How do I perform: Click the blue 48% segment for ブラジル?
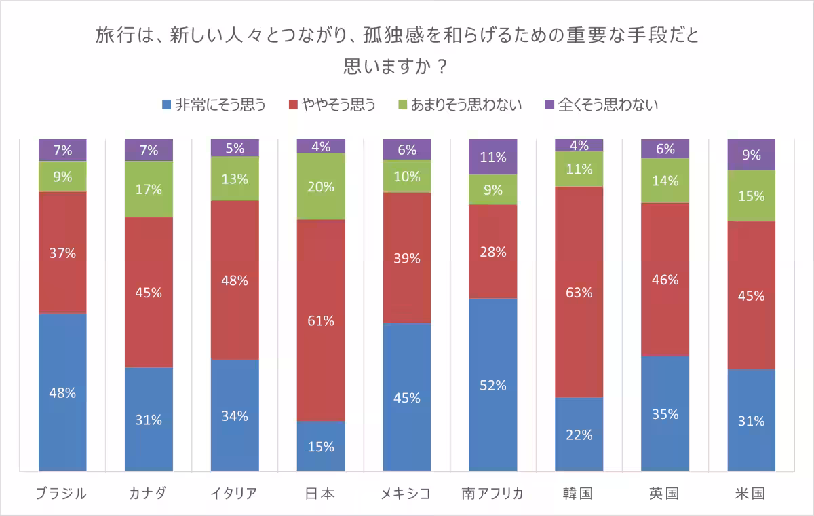(x=62, y=392)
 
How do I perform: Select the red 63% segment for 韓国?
(x=579, y=292)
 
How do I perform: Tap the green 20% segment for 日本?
(x=321, y=187)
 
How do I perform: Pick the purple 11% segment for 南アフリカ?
(x=493, y=157)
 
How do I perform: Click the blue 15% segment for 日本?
(x=321, y=446)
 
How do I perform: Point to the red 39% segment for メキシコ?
(x=407, y=258)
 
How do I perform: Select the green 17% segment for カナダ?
(x=149, y=189)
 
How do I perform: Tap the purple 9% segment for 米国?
(x=752, y=154)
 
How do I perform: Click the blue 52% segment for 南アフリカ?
(x=493, y=384)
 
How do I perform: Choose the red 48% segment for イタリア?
(x=235, y=280)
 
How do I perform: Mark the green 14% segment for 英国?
(x=665, y=181)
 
